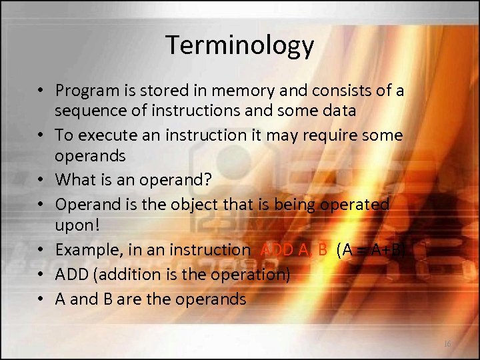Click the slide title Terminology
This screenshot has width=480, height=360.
239,45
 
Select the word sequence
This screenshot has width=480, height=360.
87,110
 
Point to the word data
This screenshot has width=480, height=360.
339,110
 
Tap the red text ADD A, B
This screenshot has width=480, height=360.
293,250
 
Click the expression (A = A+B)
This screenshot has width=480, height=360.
371,250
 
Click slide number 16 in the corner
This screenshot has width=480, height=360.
447,343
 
